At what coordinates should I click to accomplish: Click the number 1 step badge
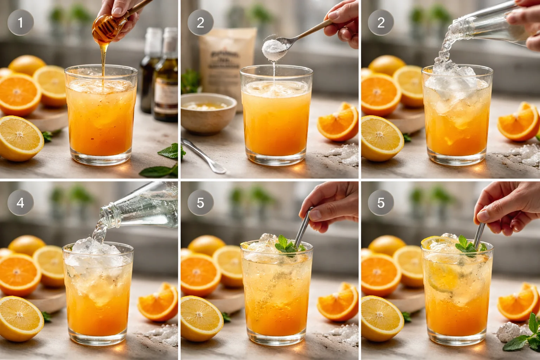(20, 23)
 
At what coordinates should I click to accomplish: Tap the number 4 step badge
(20, 203)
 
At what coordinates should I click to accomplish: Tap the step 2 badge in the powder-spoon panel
(200, 23)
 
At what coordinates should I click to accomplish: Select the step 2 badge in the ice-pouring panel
(381, 23)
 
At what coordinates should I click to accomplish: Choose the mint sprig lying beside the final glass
(524, 337)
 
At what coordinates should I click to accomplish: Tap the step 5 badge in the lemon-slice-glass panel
(381, 203)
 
